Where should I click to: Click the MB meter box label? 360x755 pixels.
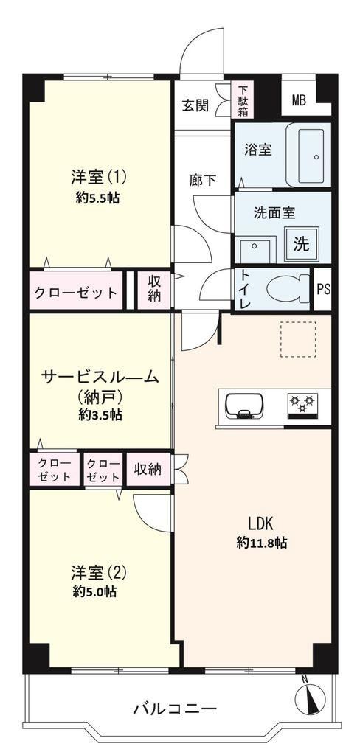coord(299,100)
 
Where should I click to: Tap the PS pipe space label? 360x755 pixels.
coord(323,290)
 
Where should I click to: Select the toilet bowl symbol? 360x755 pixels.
coord(288,289)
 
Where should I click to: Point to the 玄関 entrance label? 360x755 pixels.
coord(195,105)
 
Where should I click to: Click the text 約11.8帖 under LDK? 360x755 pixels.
coord(262,543)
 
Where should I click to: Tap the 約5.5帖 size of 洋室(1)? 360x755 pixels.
coord(97,198)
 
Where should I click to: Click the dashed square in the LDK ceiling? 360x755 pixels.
coord(298,339)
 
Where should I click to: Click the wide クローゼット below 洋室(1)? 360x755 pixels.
coord(75,292)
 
